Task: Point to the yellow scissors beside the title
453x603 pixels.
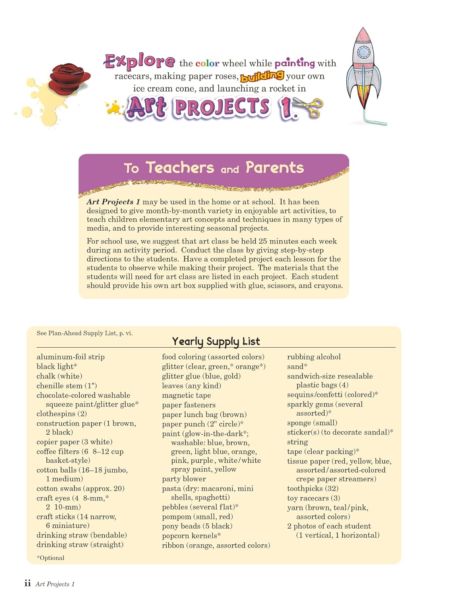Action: (310, 108)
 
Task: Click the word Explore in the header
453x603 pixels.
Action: (139, 61)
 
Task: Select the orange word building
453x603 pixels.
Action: (262, 76)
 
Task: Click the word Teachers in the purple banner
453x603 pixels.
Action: (180, 167)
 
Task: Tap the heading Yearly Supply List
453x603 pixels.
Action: (216, 341)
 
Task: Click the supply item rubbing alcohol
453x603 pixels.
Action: (314, 357)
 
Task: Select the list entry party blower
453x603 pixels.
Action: (184, 479)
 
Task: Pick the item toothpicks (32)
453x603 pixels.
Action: (312, 488)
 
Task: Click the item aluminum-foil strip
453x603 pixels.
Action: (70, 357)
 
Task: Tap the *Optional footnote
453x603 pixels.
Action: (50, 558)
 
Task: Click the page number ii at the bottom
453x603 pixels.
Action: (27, 583)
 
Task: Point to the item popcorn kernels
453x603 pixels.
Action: (191, 535)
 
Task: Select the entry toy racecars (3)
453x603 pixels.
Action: (313, 498)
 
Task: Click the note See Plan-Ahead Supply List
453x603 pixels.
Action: (85, 333)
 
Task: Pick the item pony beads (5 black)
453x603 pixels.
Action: (197, 526)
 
